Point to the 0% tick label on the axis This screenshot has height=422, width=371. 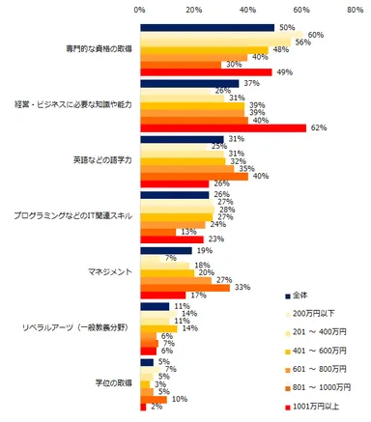point(140,10)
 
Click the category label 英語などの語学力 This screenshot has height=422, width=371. point(98,160)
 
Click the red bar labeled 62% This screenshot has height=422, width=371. point(223,127)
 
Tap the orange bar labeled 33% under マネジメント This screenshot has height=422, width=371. point(185,287)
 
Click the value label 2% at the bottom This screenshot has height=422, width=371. point(155,407)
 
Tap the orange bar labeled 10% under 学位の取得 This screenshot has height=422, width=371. point(154,398)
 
